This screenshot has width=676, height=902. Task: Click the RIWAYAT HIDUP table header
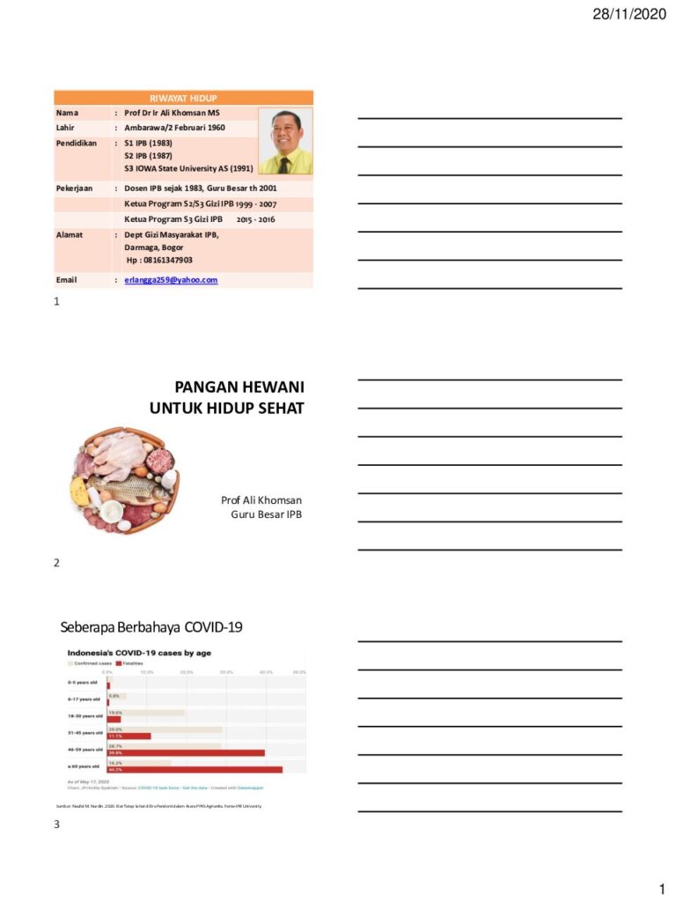pyautogui.click(x=183, y=98)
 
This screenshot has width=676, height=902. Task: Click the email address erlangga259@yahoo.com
pyautogui.click(x=171, y=280)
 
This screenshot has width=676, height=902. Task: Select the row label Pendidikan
pyautogui.click(x=77, y=142)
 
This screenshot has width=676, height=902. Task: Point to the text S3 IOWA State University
pyautogui.click(x=188, y=167)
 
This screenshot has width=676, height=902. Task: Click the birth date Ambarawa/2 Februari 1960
pyautogui.click(x=174, y=128)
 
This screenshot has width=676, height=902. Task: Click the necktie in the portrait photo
pyautogui.click(x=284, y=164)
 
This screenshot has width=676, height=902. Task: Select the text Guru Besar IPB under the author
pyautogui.click(x=266, y=514)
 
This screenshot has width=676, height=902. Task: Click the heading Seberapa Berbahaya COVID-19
pyautogui.click(x=151, y=627)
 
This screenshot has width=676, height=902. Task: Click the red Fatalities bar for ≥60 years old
pyautogui.click(x=195, y=769)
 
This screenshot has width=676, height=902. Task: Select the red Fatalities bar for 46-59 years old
pyautogui.click(x=186, y=753)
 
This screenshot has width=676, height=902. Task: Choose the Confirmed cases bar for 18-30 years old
pyautogui.click(x=145, y=713)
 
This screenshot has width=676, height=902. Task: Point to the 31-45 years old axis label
pyautogui.click(x=85, y=732)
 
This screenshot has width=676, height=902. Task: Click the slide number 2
pyautogui.click(x=56, y=563)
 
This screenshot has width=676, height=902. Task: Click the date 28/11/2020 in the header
pyautogui.click(x=629, y=14)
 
